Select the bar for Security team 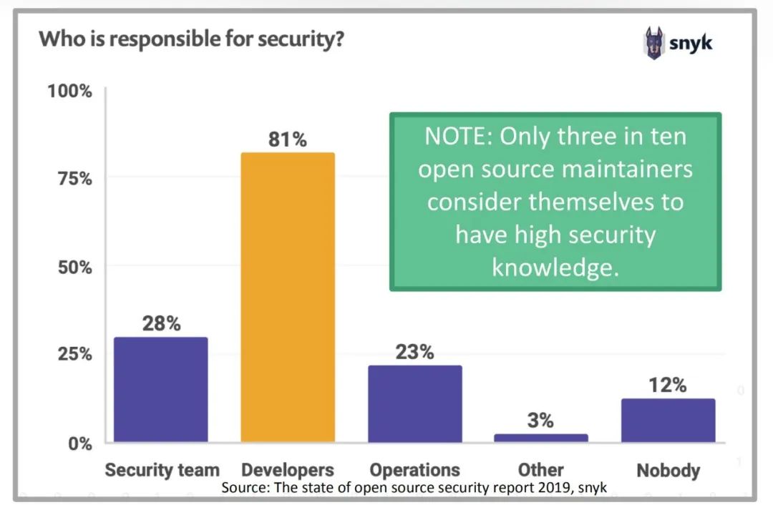tap(161, 389)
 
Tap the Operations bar tap(415, 403)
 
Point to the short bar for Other tap(541, 437)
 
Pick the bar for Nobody tap(668, 420)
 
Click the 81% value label tap(288, 139)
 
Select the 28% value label tap(161, 323)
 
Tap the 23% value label tap(414, 352)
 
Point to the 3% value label tap(540, 421)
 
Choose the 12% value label tap(668, 385)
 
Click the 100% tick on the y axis tap(69, 92)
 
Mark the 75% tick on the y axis tap(74, 179)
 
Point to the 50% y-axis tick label tap(74, 268)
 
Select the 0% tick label tap(79, 443)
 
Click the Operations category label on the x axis tap(414, 470)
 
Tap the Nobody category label tap(668, 470)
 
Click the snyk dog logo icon tap(653, 43)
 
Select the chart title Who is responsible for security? tap(192, 39)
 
